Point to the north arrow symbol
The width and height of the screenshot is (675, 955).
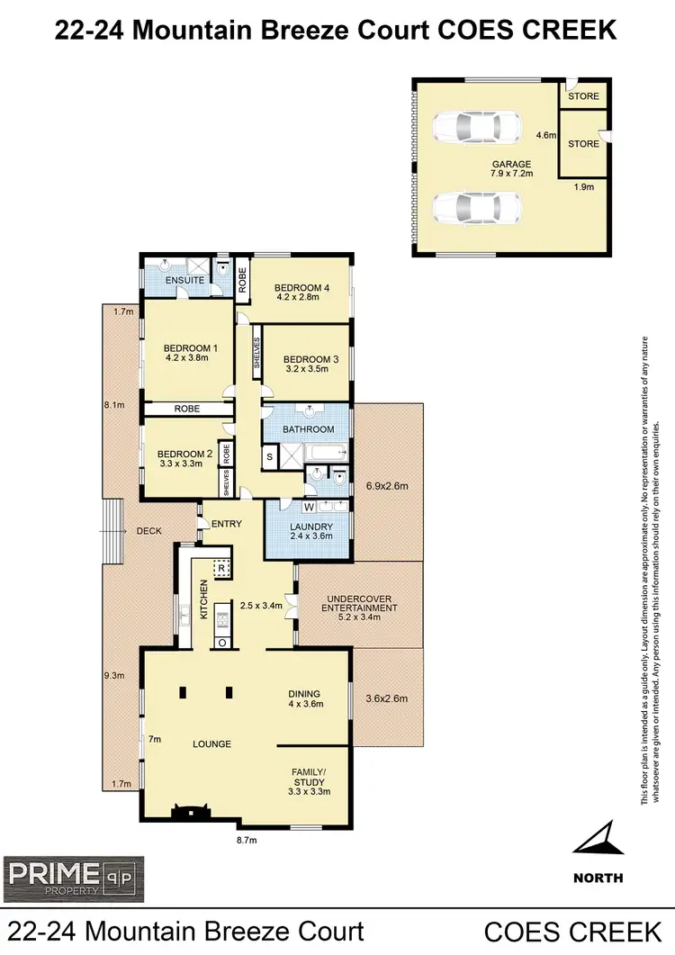(598, 838)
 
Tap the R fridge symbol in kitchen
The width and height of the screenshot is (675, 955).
(220, 567)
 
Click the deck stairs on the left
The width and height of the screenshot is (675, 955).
(112, 531)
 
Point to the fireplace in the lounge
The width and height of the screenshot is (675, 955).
(191, 812)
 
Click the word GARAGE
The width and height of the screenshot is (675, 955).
(509, 164)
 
